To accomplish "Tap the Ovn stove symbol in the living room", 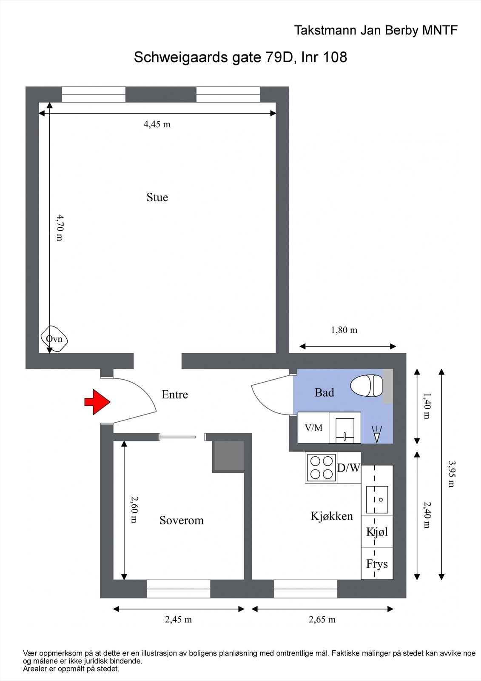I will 54,339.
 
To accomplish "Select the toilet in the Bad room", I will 366,386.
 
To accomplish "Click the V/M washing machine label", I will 313,428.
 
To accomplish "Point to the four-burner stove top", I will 321,467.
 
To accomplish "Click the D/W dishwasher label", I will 348,468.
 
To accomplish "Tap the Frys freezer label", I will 377,564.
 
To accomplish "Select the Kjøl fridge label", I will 377,532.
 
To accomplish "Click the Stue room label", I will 157,197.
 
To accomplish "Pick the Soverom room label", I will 181,520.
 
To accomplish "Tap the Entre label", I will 174,395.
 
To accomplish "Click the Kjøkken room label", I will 332,516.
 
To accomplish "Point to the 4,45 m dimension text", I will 157,124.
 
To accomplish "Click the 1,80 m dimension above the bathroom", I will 344,330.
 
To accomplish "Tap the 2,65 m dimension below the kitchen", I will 322,620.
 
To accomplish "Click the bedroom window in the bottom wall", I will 178,589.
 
